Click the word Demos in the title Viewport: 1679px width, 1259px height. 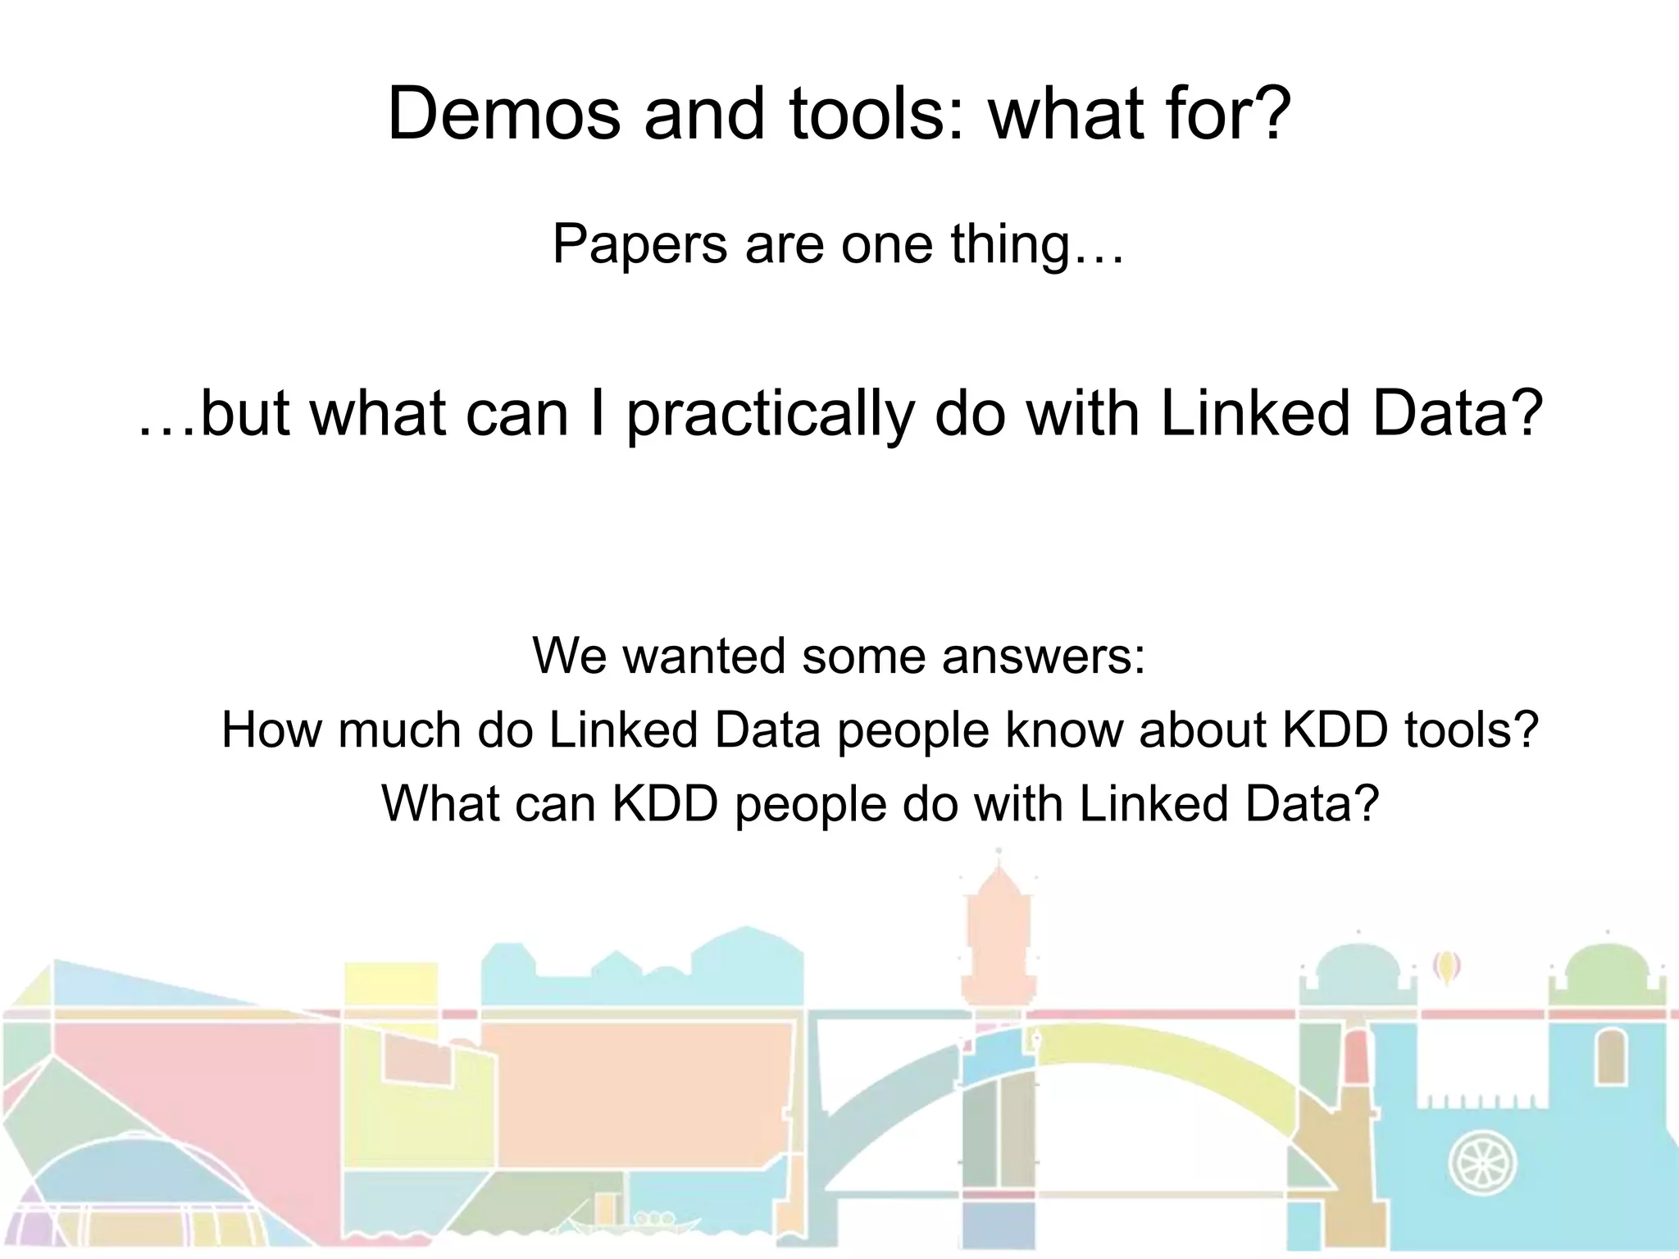[x=503, y=114]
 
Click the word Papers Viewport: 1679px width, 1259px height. [x=639, y=244]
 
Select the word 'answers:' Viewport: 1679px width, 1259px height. [x=1043, y=657]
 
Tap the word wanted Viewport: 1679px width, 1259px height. [x=703, y=657]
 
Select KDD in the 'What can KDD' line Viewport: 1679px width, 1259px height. [x=665, y=803]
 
